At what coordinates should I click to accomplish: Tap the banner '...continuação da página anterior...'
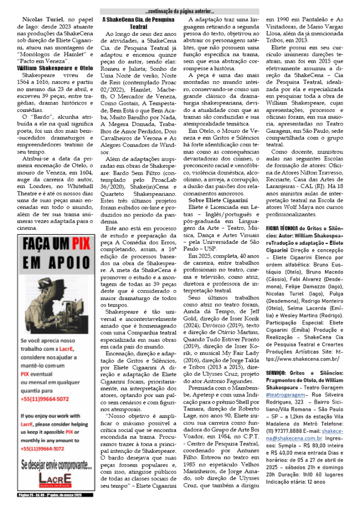pos(180,11)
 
